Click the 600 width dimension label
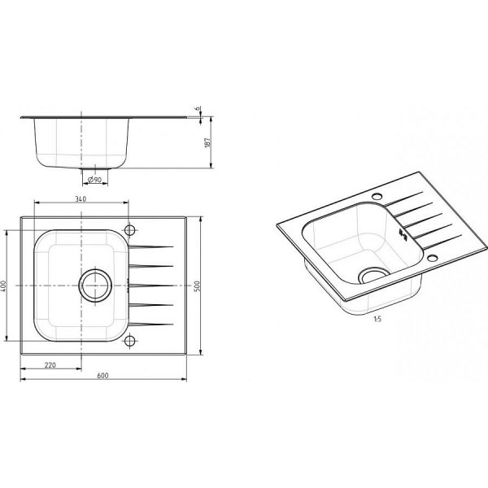[x=102, y=376]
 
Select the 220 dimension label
[x=50, y=365]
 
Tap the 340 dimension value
[x=81, y=199]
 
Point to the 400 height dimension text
[x=4, y=285]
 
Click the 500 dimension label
[x=198, y=285]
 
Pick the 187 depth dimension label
[x=208, y=142]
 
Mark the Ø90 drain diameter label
[x=94, y=180]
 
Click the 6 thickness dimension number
[x=197, y=109]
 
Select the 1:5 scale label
[x=377, y=319]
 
